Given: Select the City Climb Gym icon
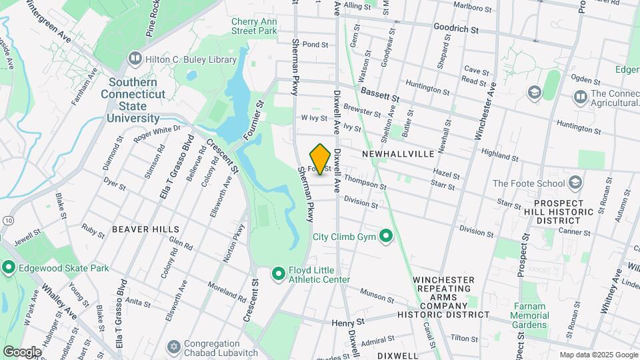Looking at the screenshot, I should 385,236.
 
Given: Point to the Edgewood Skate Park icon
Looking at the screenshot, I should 8,268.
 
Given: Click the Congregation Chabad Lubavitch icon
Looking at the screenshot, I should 175,349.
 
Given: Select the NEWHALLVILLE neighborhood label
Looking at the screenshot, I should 398,154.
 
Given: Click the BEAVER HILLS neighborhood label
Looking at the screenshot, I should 145,229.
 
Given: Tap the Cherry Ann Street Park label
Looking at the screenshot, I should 253,26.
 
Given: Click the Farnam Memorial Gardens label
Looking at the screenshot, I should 530,315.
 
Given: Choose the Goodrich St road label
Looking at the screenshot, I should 456,30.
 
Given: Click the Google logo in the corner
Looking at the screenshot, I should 22,351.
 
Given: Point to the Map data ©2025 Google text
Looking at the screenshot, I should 598,355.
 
